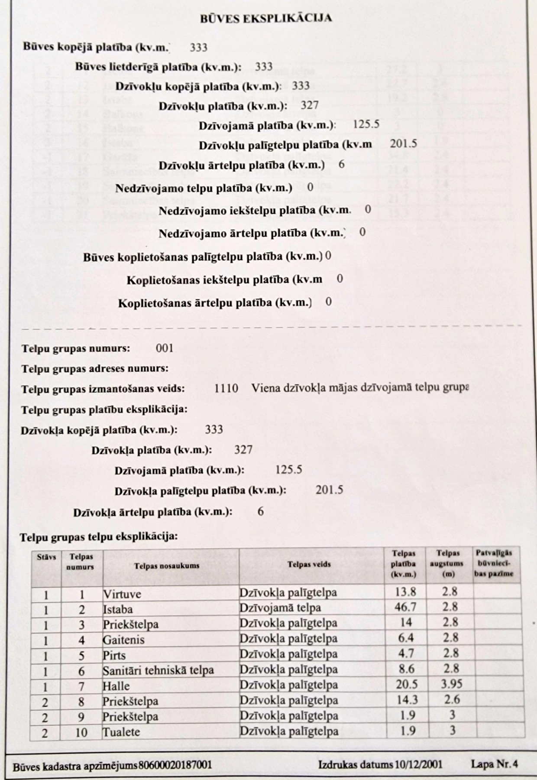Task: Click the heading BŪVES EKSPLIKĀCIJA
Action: point(266,18)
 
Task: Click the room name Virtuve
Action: point(122,594)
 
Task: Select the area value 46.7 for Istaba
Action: point(405,607)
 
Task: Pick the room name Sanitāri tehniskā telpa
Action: point(158,670)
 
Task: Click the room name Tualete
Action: point(121,732)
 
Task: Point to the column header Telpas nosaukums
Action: point(167,565)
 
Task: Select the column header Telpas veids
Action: point(309,564)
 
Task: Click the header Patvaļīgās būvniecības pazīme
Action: point(494,563)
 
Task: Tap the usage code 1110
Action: point(226,388)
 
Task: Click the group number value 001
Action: point(165,348)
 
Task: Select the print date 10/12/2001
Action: point(418,764)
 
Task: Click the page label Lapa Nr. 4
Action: point(494,764)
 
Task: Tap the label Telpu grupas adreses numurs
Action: point(95,369)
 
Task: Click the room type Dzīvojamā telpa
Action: point(280,608)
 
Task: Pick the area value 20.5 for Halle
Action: point(406,684)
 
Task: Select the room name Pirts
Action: point(114,655)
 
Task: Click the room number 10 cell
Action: point(81,732)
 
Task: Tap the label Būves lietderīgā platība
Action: point(158,67)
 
